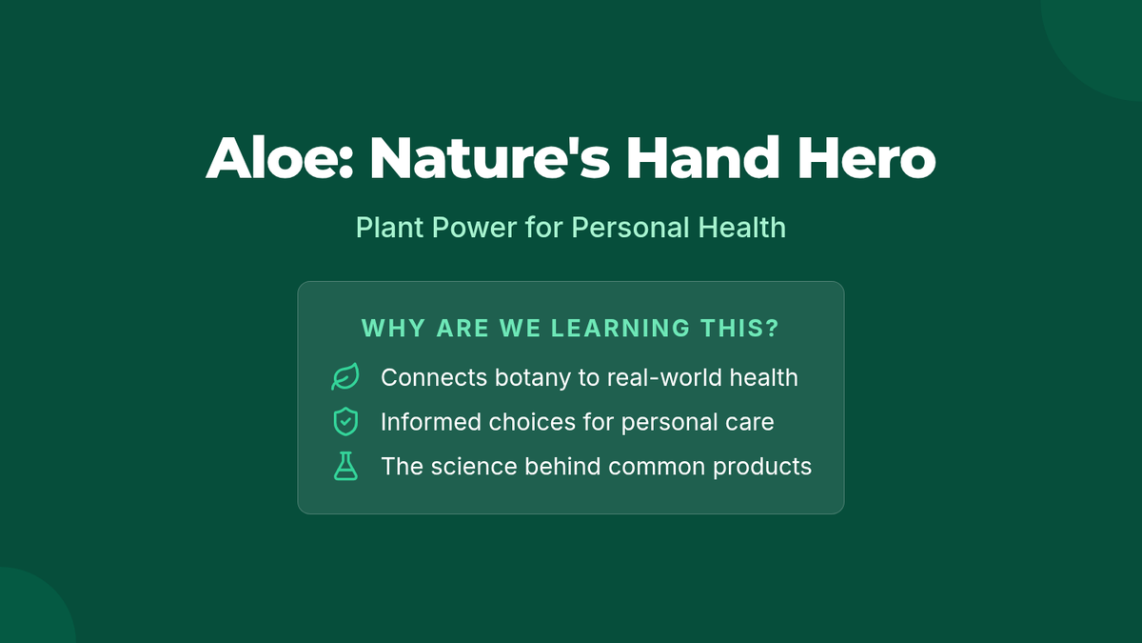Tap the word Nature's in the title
[489, 158]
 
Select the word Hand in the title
[702, 158]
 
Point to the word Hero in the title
[867, 158]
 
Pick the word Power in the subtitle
[474, 228]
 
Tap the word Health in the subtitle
[741, 228]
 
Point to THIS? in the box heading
[739, 328]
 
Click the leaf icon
[345, 377]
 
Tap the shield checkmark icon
[345, 421]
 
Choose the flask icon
[345, 466]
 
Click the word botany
[532, 378]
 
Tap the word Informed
[431, 422]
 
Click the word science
[474, 467]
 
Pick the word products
[762, 467]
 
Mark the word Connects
[434, 378]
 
